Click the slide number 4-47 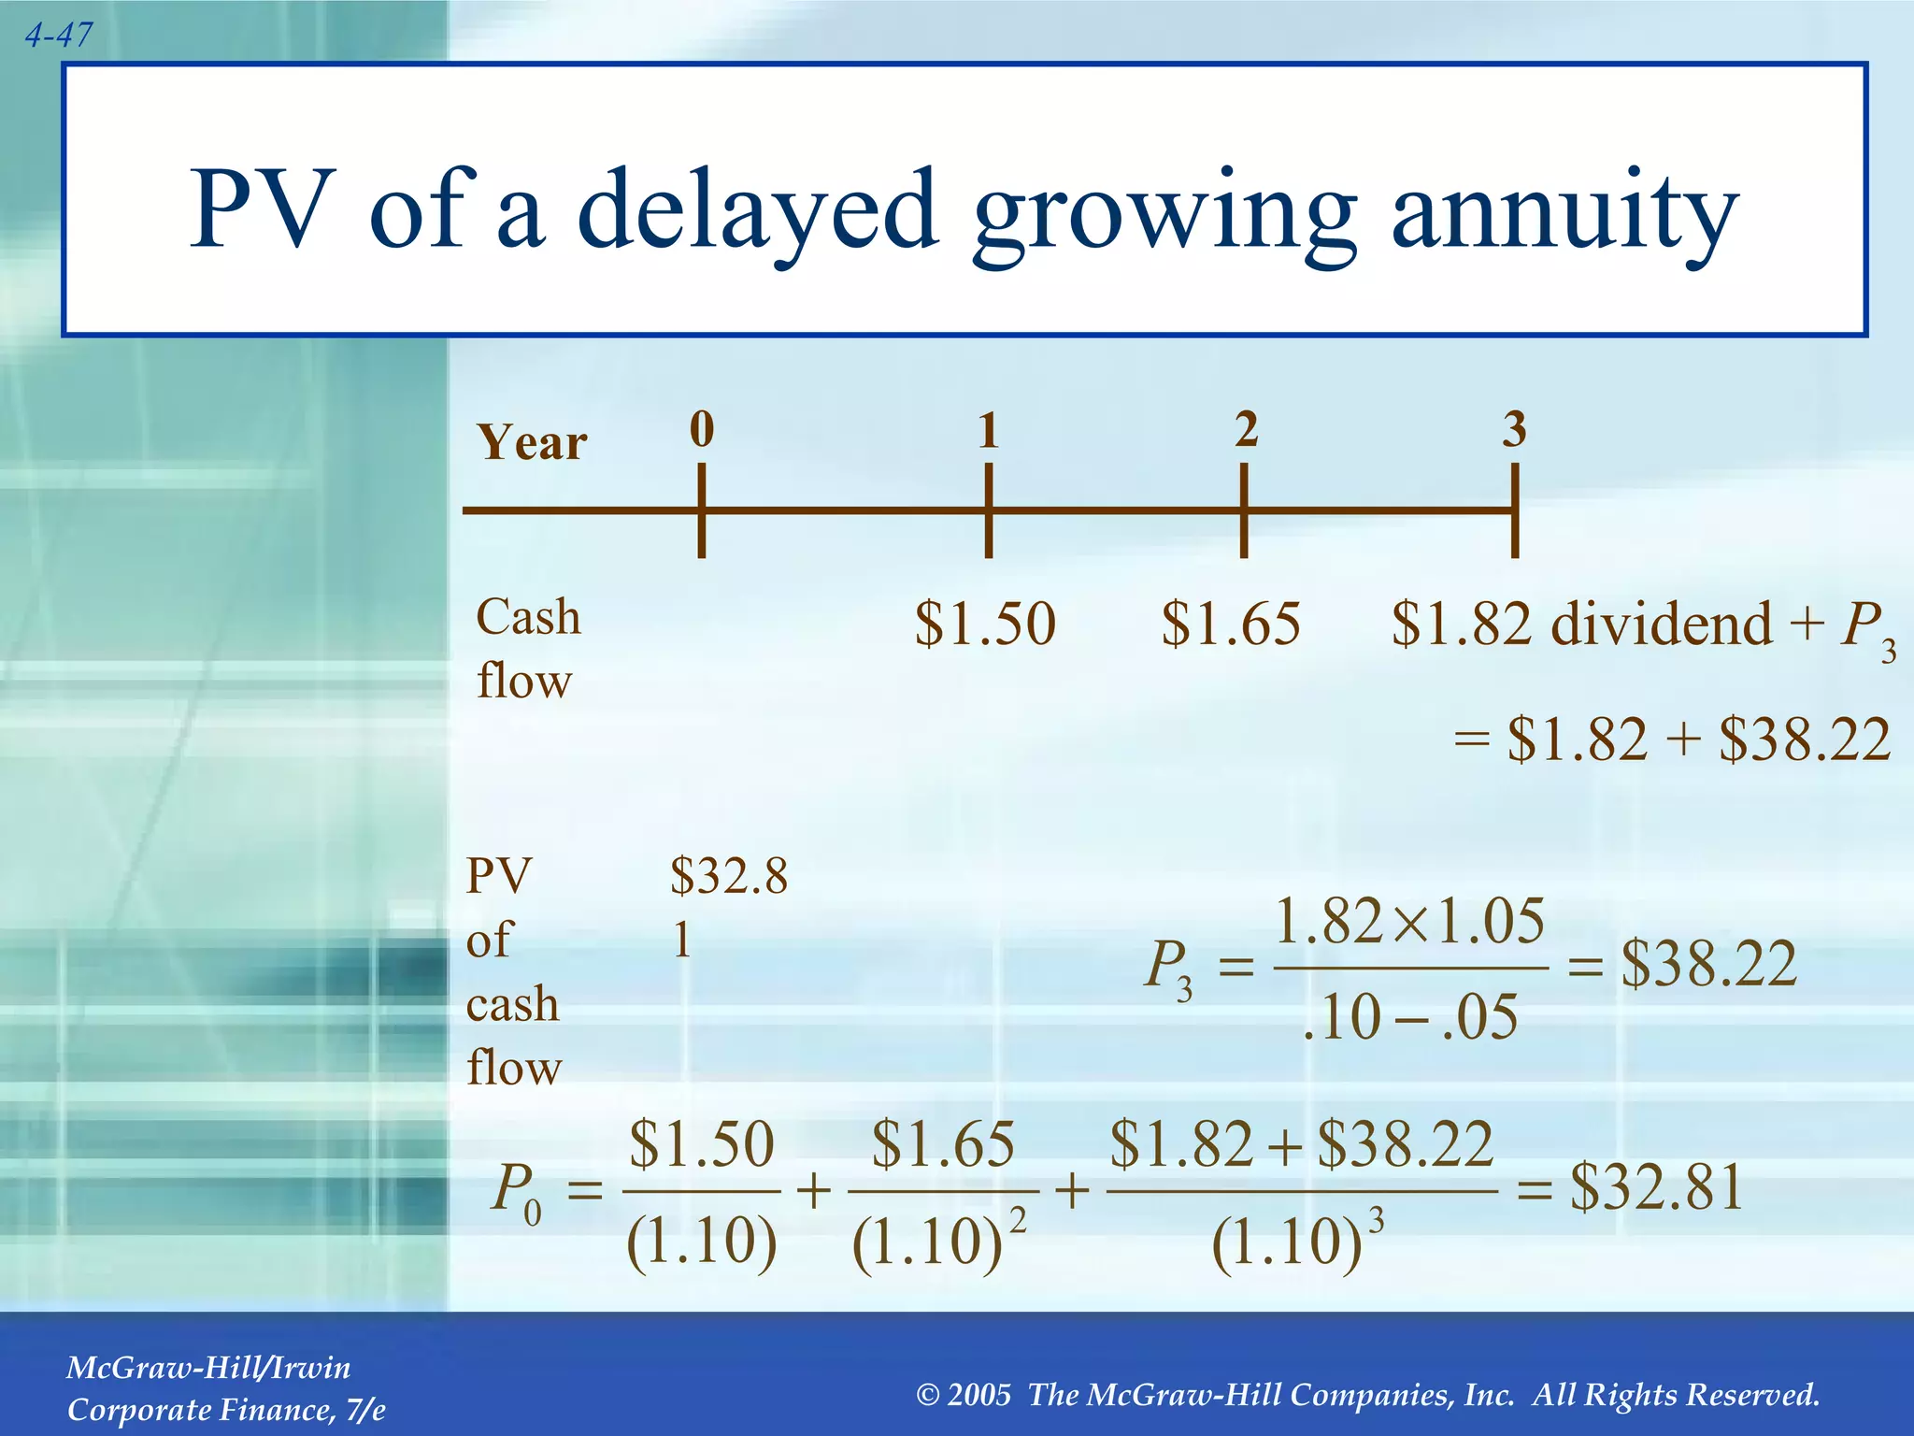pos(58,36)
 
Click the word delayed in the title pos(756,209)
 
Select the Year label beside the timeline pos(532,442)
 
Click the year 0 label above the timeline pos(702,429)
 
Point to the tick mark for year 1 pos(988,510)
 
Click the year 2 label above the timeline pos(1246,429)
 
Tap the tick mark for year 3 pos(1514,510)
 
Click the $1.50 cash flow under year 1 pos(985,624)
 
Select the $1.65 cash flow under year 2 pos(1231,624)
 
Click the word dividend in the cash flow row pos(1661,624)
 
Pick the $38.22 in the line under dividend pos(1805,739)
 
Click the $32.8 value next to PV pos(729,877)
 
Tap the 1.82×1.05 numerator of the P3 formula pos(1409,921)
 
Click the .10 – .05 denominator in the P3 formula pos(1409,1017)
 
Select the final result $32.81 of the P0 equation pos(1656,1188)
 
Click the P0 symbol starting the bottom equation pos(515,1191)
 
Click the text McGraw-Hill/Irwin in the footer pos(208,1368)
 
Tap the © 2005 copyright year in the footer pos(964,1395)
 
